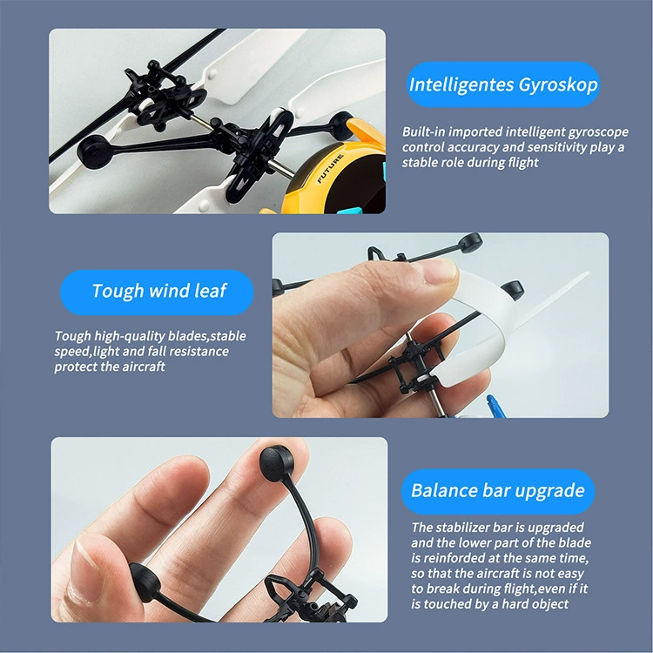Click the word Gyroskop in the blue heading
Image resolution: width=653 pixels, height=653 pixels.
point(558,85)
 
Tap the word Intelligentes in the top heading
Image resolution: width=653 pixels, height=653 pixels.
point(461,84)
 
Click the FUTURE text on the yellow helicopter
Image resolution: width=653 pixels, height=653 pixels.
point(330,169)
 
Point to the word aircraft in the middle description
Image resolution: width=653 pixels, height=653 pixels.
point(144,367)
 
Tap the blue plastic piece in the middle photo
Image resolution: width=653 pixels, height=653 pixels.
point(496,406)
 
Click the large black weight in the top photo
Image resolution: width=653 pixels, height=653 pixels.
point(93,151)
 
